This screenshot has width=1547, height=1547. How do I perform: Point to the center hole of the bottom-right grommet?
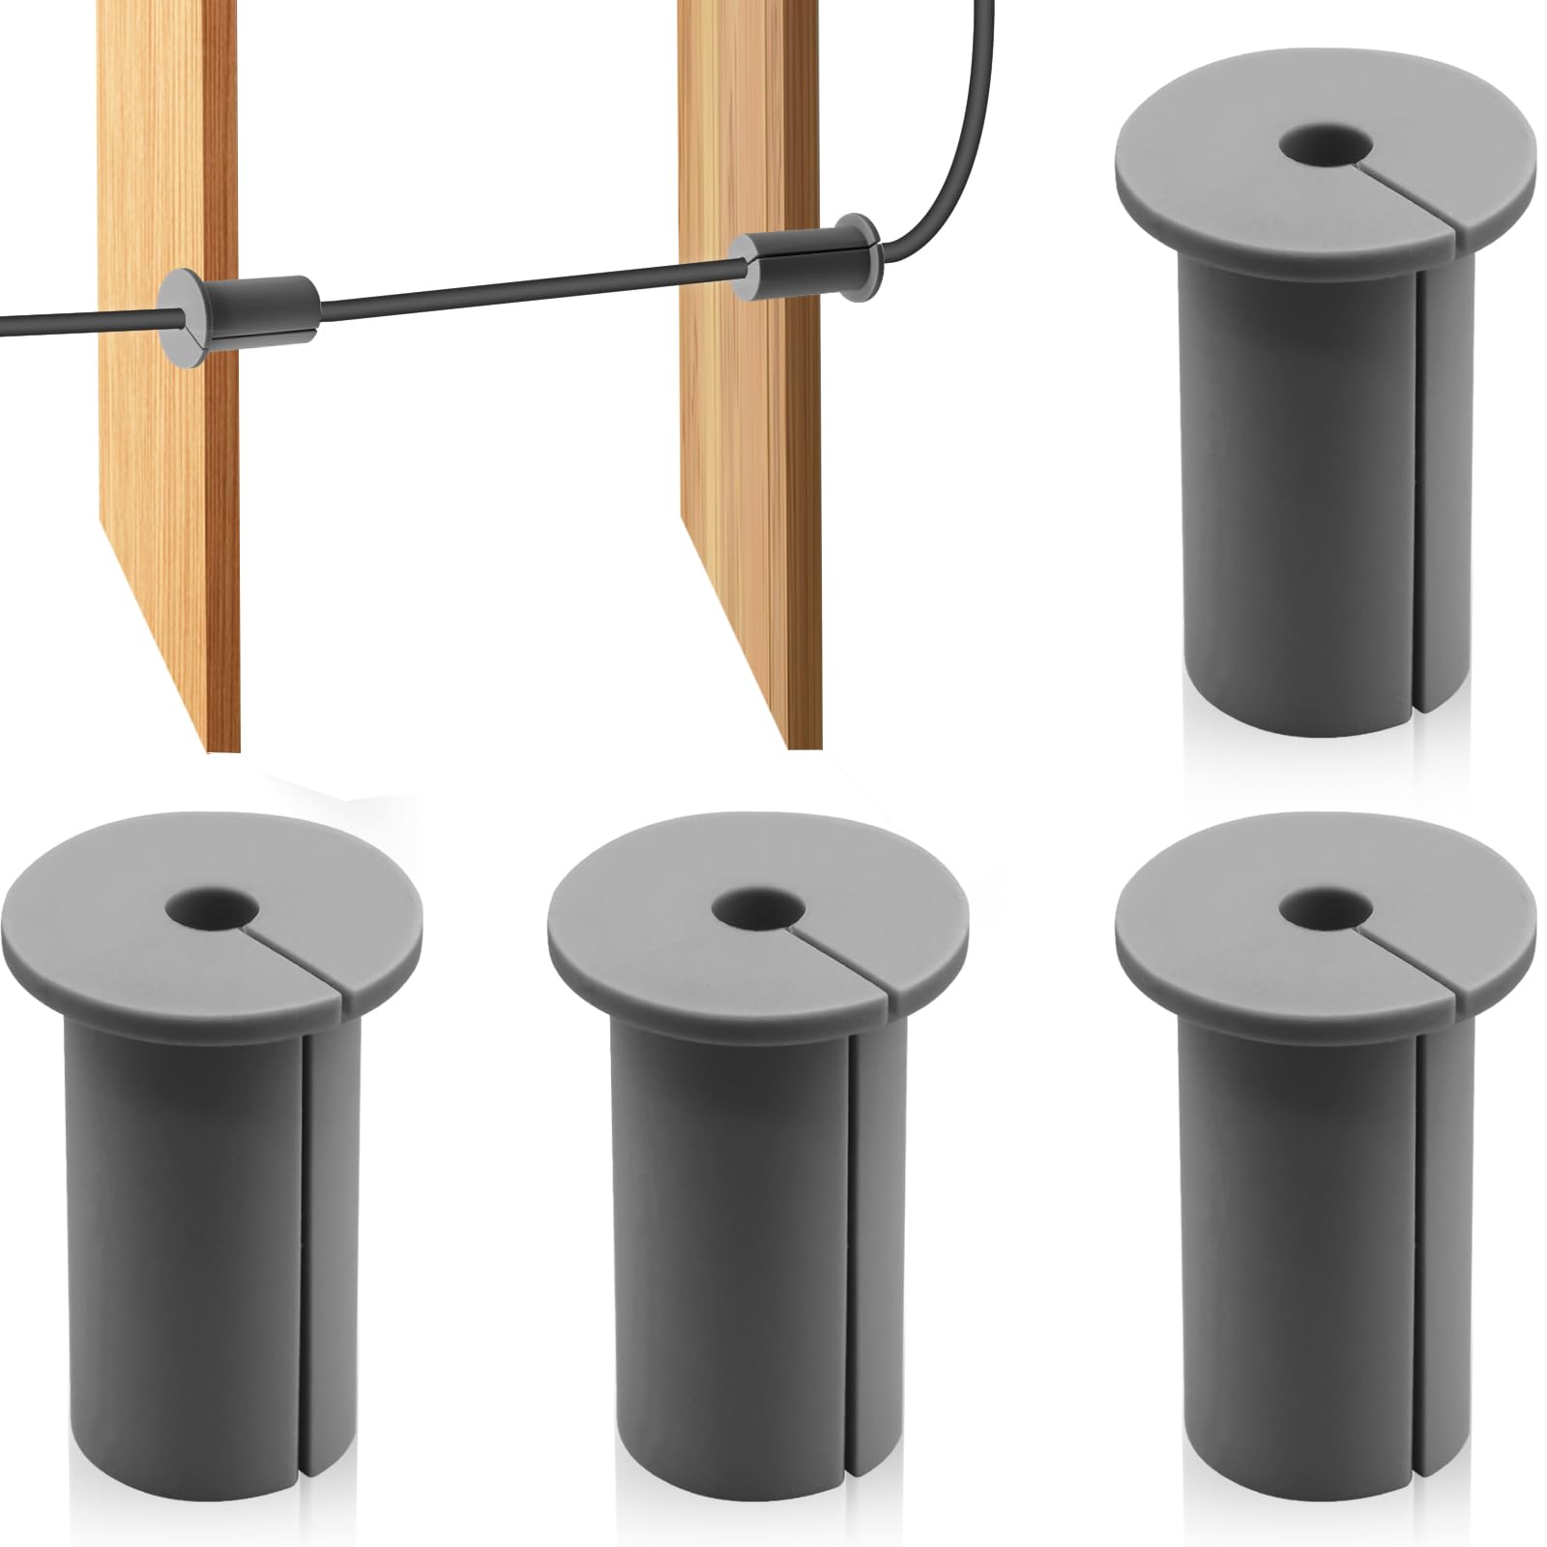pos(1324,908)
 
